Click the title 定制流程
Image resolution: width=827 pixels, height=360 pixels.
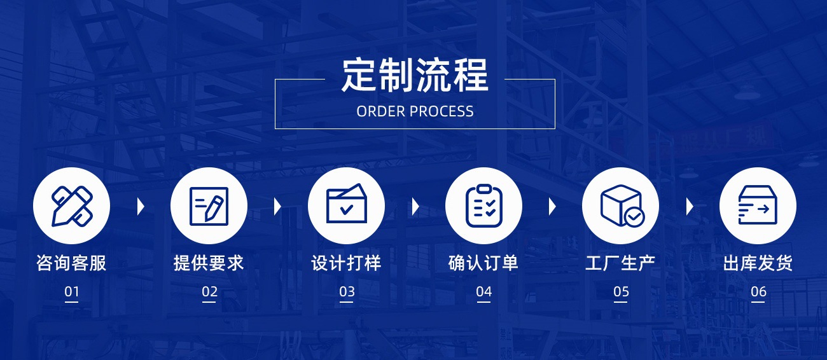(x=415, y=75)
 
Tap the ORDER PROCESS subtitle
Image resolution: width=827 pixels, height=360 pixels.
(x=415, y=111)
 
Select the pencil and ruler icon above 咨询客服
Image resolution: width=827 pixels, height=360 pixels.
(x=71, y=205)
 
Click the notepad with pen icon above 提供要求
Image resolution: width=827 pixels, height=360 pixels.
(x=209, y=205)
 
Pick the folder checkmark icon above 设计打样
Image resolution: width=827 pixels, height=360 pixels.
(x=346, y=205)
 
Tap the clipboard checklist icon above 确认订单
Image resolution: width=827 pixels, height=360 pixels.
(x=483, y=205)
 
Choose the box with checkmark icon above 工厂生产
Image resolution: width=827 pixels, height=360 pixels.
(x=620, y=205)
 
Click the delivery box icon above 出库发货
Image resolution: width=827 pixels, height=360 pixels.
(x=758, y=205)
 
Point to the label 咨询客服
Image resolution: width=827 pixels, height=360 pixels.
(x=71, y=263)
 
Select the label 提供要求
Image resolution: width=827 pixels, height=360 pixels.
(x=209, y=263)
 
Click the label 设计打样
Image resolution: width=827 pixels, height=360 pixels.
(x=346, y=263)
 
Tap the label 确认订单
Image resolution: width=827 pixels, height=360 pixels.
(x=483, y=263)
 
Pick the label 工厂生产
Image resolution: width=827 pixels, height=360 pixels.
(x=620, y=263)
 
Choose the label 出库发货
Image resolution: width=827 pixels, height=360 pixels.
(x=758, y=263)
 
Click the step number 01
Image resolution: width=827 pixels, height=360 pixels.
(x=71, y=292)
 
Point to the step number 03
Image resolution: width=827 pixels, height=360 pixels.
(x=347, y=292)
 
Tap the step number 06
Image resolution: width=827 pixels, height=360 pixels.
(x=758, y=292)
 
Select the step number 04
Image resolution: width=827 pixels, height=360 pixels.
(x=483, y=292)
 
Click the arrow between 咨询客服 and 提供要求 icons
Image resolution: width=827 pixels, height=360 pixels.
(x=141, y=206)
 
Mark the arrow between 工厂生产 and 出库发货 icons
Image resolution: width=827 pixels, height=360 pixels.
(x=690, y=206)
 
